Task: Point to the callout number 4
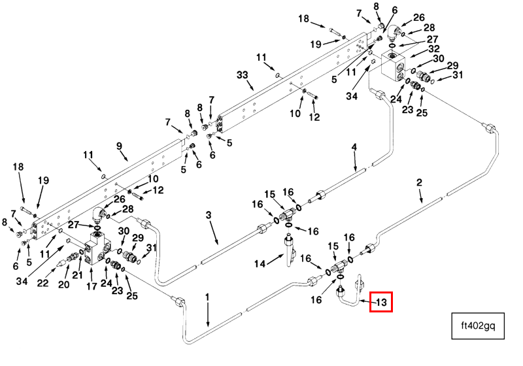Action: coord(354,147)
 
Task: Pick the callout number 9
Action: coord(119,146)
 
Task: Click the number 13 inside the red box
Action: coord(380,301)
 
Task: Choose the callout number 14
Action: coord(259,263)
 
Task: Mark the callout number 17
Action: coord(92,285)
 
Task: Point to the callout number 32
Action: coord(433,48)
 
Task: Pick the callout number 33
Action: coord(243,76)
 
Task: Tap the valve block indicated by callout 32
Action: coord(397,67)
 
